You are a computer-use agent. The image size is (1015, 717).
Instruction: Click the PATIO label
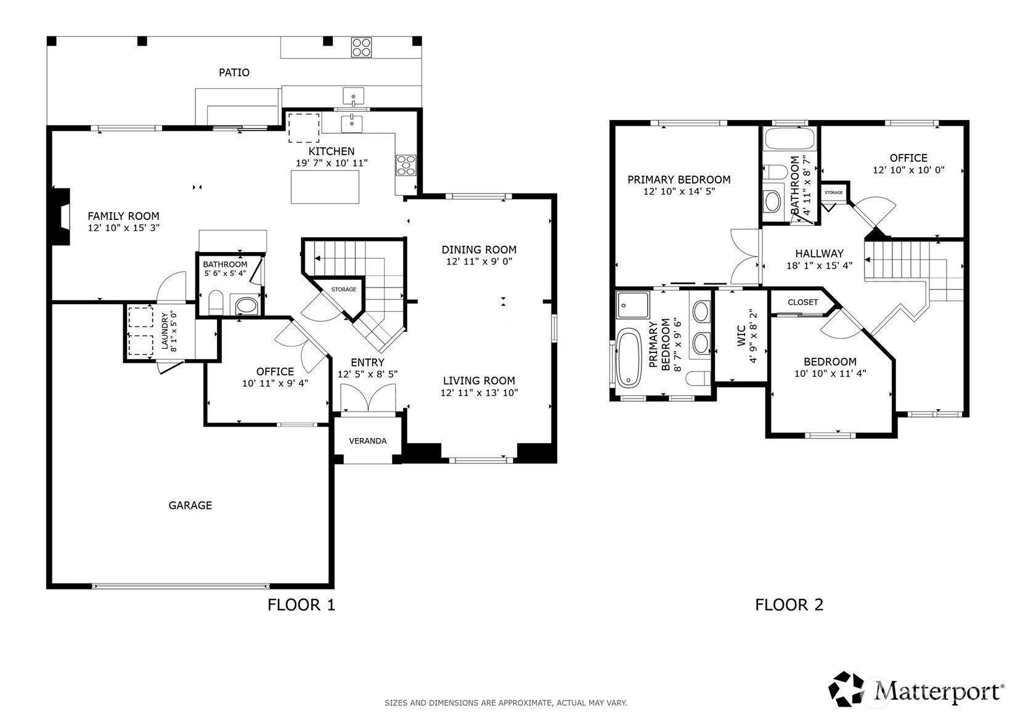pos(234,73)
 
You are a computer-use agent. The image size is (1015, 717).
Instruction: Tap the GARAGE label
pos(190,506)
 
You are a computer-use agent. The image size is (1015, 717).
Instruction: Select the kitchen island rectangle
pos(325,187)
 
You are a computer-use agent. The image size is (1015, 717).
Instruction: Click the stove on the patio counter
pos(361,47)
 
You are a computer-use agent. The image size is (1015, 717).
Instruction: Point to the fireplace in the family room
pos(62,216)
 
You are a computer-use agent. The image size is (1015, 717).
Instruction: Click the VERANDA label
pos(367,440)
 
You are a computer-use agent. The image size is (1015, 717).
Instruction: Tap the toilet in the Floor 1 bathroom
pos(216,302)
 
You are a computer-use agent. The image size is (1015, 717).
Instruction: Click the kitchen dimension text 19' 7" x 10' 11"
pos(331,163)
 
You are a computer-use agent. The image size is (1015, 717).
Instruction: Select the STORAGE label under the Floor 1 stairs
pos(343,290)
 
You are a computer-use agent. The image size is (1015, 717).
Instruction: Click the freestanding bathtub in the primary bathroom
pos(629,358)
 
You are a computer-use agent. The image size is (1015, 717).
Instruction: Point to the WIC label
pos(741,336)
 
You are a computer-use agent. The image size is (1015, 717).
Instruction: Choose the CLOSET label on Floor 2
pos(802,302)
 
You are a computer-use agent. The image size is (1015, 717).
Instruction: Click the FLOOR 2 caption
pos(789,605)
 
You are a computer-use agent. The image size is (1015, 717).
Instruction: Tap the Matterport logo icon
pos(847,689)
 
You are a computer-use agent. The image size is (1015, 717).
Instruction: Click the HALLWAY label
pos(819,254)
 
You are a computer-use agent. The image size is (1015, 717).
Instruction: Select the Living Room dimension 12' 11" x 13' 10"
pos(479,393)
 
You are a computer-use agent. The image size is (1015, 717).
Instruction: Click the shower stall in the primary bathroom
pos(633,305)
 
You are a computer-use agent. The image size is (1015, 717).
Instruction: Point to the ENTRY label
pos(367,363)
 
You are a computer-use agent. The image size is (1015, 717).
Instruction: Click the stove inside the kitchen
pos(406,165)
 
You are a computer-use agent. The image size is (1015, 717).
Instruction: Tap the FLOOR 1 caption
pos(301,605)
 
